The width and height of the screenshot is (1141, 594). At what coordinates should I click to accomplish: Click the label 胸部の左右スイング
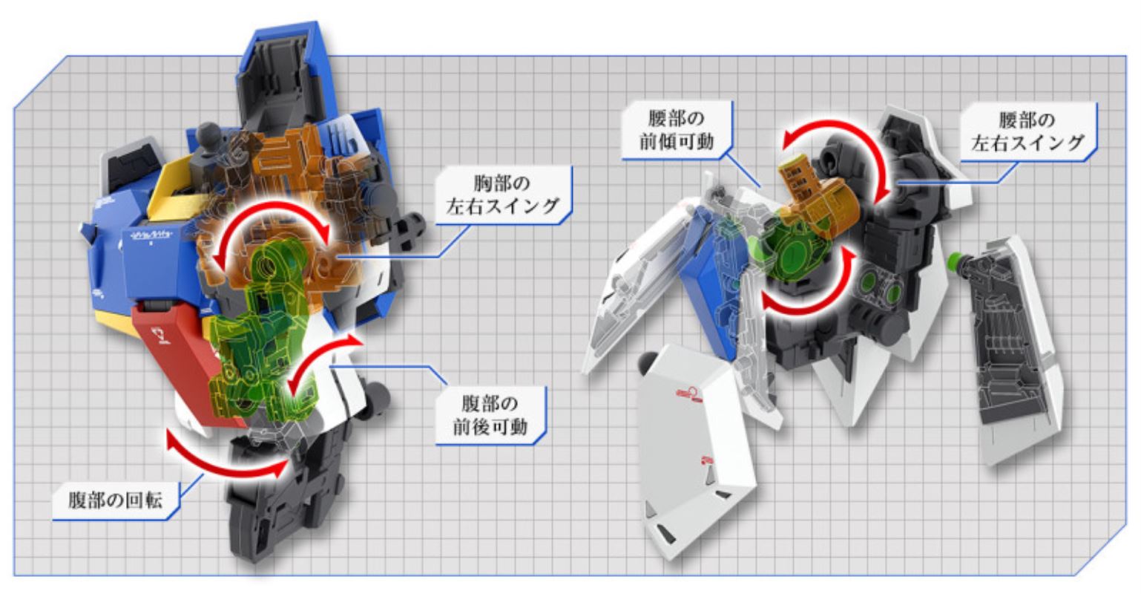502,195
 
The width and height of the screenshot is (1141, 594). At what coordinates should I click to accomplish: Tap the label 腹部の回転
116,500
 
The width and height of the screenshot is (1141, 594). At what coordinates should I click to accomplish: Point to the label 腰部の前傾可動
677,130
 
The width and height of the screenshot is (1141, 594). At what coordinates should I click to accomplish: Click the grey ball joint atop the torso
209,136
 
